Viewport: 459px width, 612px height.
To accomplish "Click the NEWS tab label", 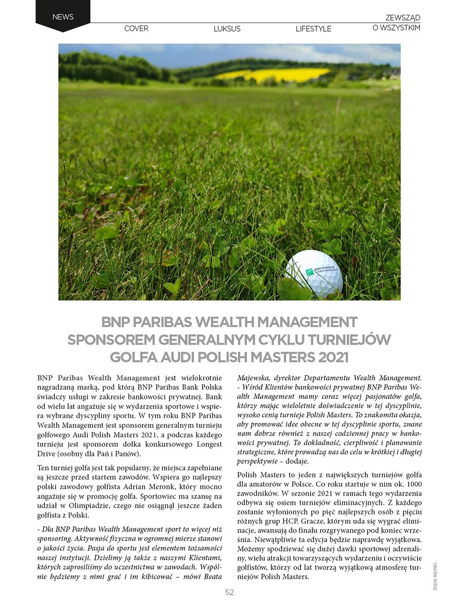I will [x=63, y=17].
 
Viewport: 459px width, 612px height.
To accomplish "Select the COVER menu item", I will [x=136, y=29].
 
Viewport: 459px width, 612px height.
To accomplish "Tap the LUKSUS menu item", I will [x=227, y=29].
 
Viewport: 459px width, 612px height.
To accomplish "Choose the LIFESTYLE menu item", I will [x=313, y=29].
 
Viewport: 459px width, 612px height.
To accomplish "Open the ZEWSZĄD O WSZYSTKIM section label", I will [x=396, y=23].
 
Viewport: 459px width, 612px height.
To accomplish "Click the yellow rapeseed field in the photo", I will [x=274, y=74].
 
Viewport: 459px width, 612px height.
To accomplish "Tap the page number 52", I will [x=229, y=592].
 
